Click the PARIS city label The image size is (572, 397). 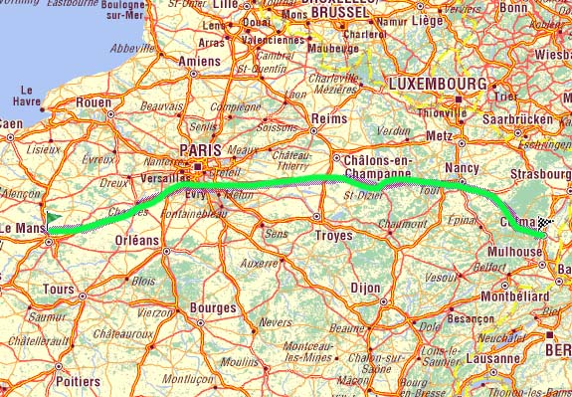click(199, 149)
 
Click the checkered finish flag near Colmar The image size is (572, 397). click(543, 225)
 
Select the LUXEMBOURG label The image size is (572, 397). click(438, 83)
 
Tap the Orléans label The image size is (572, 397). click(136, 240)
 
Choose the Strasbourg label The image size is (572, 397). click(538, 175)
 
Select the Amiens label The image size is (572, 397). click(199, 61)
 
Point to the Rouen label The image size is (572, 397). click(93, 101)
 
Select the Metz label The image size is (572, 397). click(439, 135)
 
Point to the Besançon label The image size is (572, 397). click(471, 319)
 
